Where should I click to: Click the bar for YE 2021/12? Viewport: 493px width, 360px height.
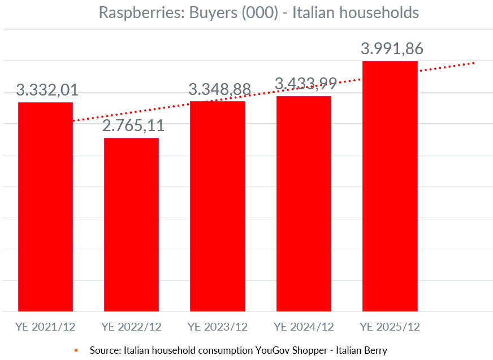tap(45, 206)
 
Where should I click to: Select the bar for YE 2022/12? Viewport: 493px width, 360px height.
tap(131, 224)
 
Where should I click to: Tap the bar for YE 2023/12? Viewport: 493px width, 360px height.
tap(218, 206)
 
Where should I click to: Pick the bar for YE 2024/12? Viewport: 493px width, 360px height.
tap(304, 203)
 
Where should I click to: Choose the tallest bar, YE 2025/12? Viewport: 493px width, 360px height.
tap(390, 186)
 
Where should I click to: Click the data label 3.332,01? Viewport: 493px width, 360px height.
tap(47, 90)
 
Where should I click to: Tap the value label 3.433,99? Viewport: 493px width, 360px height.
tap(305, 84)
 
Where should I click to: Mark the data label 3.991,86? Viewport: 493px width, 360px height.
tap(392, 49)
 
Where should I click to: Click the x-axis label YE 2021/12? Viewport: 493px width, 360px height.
tap(45, 327)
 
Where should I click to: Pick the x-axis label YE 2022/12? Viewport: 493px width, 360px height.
tap(131, 327)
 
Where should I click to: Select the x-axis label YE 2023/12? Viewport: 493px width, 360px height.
tap(218, 327)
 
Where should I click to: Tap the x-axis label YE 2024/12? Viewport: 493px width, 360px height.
tap(304, 327)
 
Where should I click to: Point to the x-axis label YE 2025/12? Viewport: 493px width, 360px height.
tap(390, 327)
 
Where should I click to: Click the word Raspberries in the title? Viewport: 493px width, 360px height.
tap(133, 12)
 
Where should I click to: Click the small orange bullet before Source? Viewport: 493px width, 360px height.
tap(75, 350)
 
